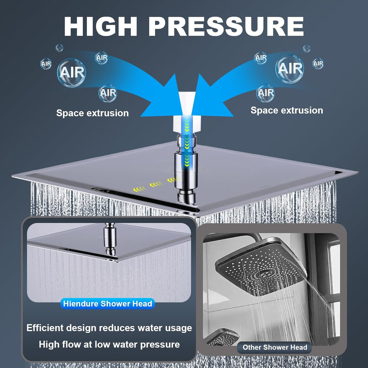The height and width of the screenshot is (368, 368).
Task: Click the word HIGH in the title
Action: (101, 26)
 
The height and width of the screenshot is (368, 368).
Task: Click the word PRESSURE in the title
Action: (226, 26)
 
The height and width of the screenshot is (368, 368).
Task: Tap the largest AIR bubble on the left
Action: (71, 73)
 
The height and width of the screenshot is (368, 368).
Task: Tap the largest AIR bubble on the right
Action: (290, 69)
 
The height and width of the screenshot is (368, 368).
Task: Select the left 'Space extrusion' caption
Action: (92, 113)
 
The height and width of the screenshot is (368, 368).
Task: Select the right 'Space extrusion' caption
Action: (287, 110)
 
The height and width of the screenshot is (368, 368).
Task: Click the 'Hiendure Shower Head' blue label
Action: (107, 304)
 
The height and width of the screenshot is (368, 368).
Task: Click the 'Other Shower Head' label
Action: (275, 347)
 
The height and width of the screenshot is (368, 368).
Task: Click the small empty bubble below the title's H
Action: (59, 48)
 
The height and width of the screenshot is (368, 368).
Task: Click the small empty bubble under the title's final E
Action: (306, 48)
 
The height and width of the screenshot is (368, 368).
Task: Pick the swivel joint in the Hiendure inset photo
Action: (110, 239)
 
